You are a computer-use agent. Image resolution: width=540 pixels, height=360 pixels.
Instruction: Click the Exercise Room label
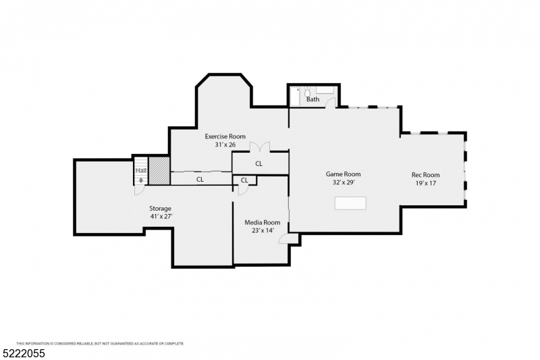(225, 136)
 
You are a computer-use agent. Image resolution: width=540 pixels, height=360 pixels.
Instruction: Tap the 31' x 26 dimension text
(225, 145)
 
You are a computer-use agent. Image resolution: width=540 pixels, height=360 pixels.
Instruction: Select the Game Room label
(344, 174)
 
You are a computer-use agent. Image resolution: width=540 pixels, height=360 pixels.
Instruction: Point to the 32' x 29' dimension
(344, 182)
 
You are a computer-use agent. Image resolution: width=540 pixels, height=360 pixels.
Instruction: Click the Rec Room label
(426, 175)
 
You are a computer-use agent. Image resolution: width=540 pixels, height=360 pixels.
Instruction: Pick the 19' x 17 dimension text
(426, 183)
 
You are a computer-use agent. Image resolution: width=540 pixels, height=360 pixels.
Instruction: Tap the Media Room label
(263, 222)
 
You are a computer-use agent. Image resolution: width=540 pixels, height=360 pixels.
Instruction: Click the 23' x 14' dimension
(263, 231)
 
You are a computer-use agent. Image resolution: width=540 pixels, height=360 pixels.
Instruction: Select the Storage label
(160, 209)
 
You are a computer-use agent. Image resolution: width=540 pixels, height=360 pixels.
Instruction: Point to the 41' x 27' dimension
(161, 217)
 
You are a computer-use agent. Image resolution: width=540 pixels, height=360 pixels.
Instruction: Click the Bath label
(313, 99)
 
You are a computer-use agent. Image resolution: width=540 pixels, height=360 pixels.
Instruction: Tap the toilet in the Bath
(308, 91)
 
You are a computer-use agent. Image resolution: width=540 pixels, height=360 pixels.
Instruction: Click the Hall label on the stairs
(141, 170)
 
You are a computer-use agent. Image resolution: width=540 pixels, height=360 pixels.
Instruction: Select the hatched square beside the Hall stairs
(159, 171)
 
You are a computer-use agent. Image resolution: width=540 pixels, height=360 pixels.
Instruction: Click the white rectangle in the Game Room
(350, 203)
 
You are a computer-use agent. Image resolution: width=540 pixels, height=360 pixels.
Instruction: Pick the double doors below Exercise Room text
(260, 147)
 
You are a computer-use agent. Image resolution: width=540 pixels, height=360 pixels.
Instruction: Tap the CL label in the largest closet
(259, 163)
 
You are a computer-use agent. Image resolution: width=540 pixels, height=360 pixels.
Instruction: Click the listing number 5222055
(24, 353)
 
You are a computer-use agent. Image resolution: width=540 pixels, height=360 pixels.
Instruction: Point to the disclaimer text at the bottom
(100, 344)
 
